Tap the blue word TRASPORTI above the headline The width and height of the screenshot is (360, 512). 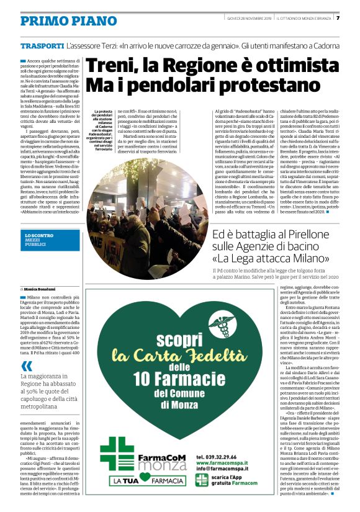41,47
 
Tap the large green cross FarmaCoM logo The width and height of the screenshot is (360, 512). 116,454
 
